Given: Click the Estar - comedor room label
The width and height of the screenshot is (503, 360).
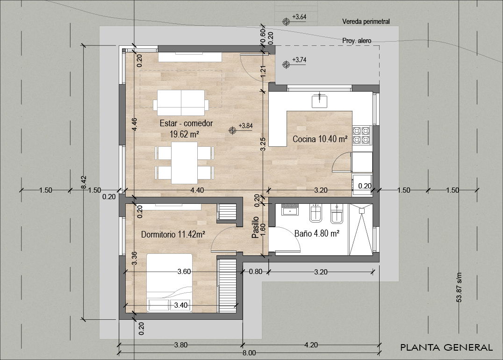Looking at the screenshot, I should click(x=186, y=124).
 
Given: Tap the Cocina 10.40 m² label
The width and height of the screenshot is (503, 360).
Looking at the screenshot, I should click(x=320, y=139).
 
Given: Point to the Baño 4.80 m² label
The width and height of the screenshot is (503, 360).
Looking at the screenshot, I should click(x=316, y=233).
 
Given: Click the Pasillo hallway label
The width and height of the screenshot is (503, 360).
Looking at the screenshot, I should click(x=255, y=228).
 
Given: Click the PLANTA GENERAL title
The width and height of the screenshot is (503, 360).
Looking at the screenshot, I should click(x=446, y=347).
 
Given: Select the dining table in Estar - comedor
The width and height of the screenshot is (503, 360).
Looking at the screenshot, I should click(x=184, y=163).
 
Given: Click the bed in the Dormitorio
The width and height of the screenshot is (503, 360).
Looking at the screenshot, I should click(x=170, y=282).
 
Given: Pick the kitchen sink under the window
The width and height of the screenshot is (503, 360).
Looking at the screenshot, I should click(x=320, y=101).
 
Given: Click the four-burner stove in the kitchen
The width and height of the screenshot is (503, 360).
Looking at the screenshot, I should click(x=361, y=135).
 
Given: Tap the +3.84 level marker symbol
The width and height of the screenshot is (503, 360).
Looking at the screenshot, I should click(x=232, y=131).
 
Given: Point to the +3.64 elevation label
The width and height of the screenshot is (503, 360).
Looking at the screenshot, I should click(x=299, y=17).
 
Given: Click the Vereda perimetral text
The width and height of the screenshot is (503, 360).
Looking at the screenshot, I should click(x=366, y=22).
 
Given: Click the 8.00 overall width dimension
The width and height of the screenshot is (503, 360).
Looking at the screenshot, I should click(x=249, y=353).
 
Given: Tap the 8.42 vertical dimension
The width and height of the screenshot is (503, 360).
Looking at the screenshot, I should click(x=84, y=182).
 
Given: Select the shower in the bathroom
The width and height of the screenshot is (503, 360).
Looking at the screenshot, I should click(x=361, y=229).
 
